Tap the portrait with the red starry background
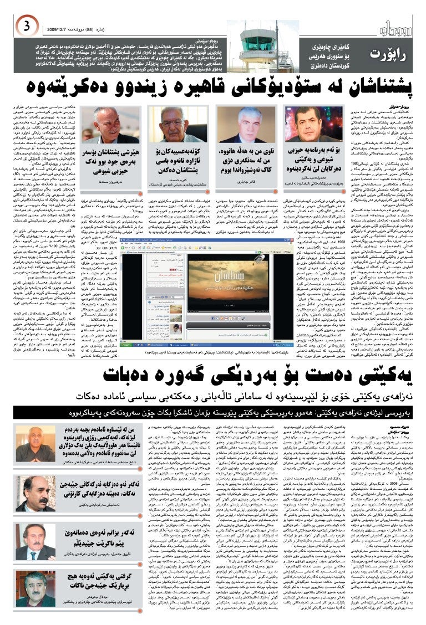click(307, 124)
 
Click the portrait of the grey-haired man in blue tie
click(243, 124)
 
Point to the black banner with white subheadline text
click(213, 413)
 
